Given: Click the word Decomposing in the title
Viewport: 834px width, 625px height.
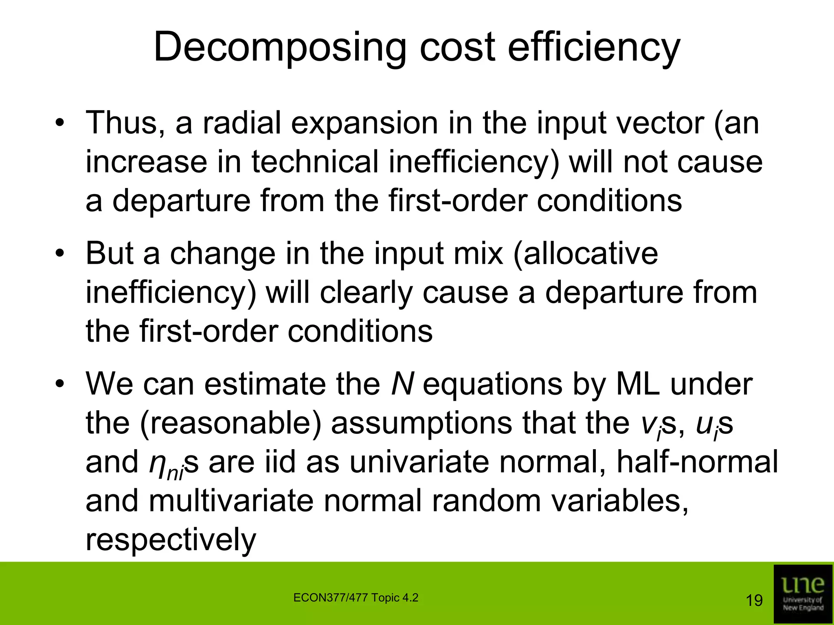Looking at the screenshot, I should [x=280, y=48].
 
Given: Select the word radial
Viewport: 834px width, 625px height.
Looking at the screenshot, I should [x=242, y=123].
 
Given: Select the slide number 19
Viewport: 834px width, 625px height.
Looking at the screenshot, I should [x=754, y=601].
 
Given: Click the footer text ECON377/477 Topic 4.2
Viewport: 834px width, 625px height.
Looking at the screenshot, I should [x=356, y=598].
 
